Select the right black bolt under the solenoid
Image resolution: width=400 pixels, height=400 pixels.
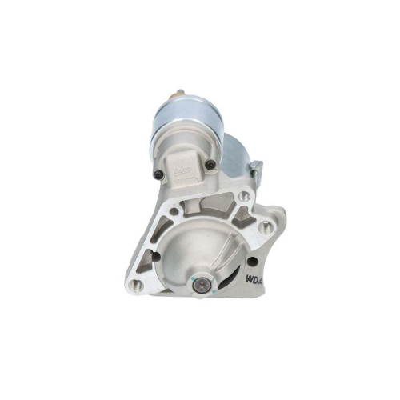pyautogui.click(x=210, y=165)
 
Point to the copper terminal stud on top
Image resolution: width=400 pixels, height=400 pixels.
pyautogui.click(x=178, y=93)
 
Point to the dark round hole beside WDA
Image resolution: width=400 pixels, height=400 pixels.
pyautogui.click(x=253, y=261)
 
